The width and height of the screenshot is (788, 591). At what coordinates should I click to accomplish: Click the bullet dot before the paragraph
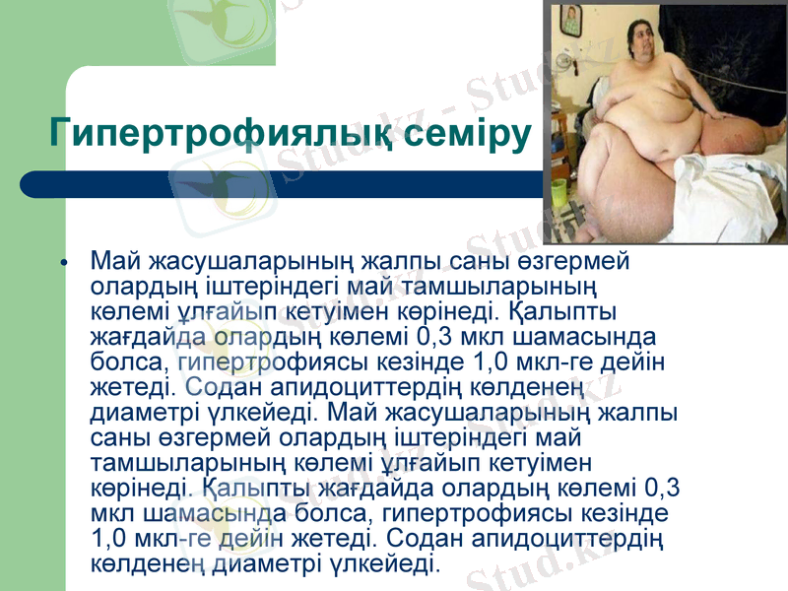click(x=64, y=265)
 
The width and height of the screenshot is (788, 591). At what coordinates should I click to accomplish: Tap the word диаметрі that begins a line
click(x=135, y=411)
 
